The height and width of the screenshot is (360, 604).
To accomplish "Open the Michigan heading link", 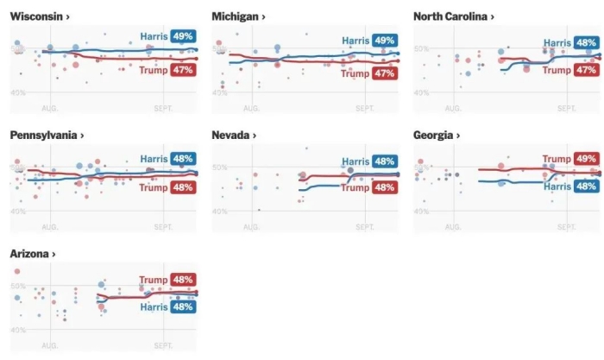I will pos(238,16).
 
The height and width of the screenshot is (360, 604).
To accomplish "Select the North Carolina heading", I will pos(453,16).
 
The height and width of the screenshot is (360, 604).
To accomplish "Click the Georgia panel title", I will pos(437,136).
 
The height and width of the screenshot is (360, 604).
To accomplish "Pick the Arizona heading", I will pos(34,254).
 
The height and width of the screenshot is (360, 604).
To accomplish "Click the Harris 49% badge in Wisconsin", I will pos(183,36).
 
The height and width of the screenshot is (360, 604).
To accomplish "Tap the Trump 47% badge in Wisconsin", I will pos(183,70).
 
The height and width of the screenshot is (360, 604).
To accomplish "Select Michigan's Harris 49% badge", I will pos(385,41).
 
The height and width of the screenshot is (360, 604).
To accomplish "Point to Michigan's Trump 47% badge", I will pos(385,73).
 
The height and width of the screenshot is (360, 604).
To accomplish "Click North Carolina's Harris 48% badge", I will pos(586,42).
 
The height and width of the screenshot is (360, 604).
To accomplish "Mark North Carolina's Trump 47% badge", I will pos(586,69).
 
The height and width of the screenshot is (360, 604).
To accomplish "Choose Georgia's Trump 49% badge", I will pos(586,159).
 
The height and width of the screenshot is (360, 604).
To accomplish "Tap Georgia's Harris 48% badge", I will pos(586,186).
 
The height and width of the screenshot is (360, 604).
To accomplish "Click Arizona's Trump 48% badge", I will pos(183,280).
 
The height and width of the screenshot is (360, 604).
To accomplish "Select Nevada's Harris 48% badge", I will pos(385,161).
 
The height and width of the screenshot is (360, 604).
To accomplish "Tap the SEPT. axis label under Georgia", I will pos(566,227).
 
